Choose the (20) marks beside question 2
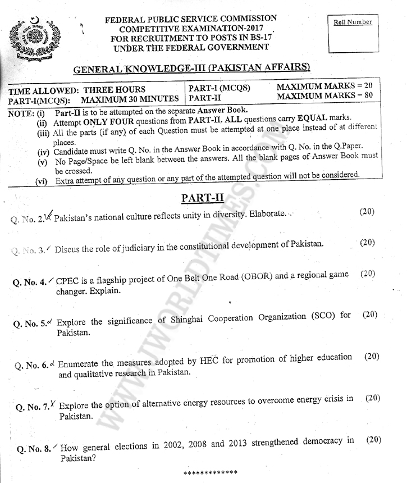[x=367, y=212]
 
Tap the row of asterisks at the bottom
[x=211, y=472]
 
